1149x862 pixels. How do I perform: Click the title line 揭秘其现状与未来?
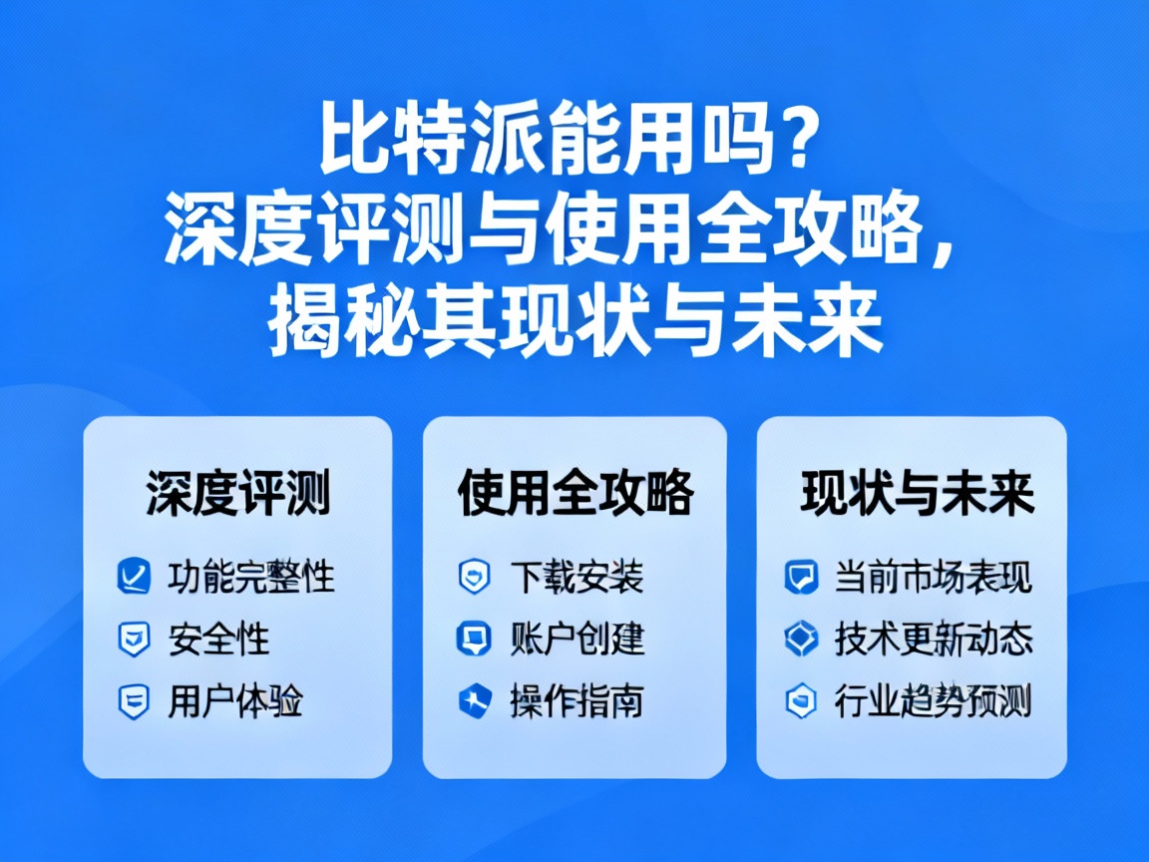pyautogui.click(x=575, y=320)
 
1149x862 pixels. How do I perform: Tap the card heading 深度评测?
pyautogui.click(x=237, y=492)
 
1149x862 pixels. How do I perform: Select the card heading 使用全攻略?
pyautogui.click(x=575, y=492)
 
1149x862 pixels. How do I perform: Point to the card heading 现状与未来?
pyautogui.click(x=917, y=492)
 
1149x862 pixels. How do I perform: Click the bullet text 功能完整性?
pyautogui.click(x=250, y=577)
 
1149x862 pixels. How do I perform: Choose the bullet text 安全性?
pyautogui.click(x=218, y=640)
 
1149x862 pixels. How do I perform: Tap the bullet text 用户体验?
pyautogui.click(x=234, y=701)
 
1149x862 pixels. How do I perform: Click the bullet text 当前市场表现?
pyautogui.click(x=933, y=577)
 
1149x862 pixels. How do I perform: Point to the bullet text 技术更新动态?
pyautogui.click(x=933, y=640)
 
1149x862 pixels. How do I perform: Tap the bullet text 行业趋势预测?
pyautogui.click(x=933, y=701)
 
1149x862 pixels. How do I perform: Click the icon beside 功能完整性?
pyautogui.click(x=134, y=577)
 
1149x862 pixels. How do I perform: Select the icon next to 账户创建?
pyautogui.click(x=474, y=639)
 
